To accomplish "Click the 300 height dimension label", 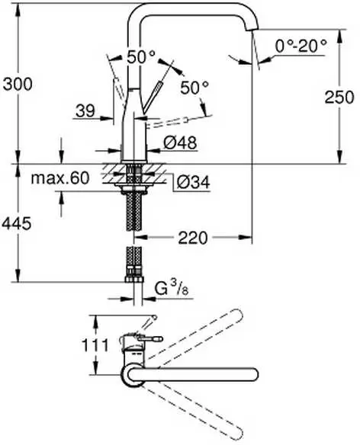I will (17, 85).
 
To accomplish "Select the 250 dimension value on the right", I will (338, 97).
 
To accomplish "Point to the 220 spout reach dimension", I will (194, 238).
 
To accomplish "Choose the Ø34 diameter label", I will (191, 181).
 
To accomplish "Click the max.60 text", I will (60, 179).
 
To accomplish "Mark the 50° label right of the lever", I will (194, 88).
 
